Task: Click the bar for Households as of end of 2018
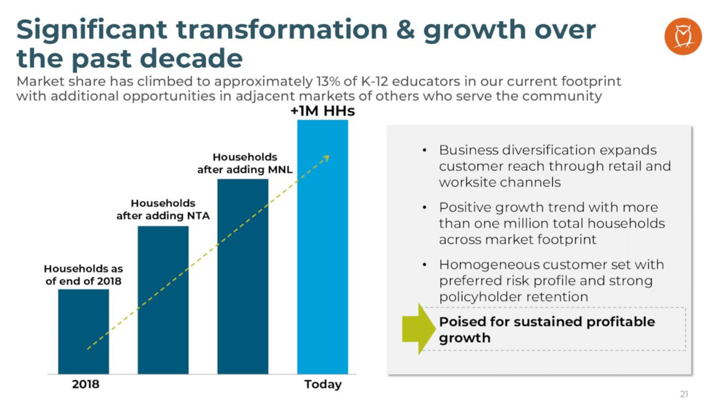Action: [83, 331]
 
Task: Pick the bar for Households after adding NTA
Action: [163, 299]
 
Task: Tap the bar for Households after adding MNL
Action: [243, 276]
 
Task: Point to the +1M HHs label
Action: [323, 111]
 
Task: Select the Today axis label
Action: [323, 385]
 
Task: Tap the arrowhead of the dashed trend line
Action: [327, 158]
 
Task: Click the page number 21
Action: [684, 395]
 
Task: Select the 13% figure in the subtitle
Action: [305, 81]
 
